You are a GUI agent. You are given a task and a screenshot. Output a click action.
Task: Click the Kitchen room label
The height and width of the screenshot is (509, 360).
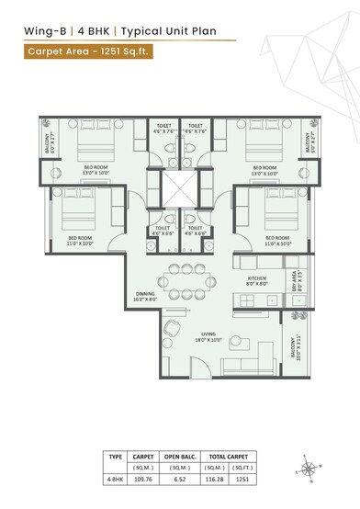click(x=255, y=280)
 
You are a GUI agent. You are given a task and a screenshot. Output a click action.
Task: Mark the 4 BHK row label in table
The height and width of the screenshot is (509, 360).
click(x=115, y=480)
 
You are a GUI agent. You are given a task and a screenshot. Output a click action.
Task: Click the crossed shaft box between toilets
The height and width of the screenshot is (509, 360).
click(x=181, y=187)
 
